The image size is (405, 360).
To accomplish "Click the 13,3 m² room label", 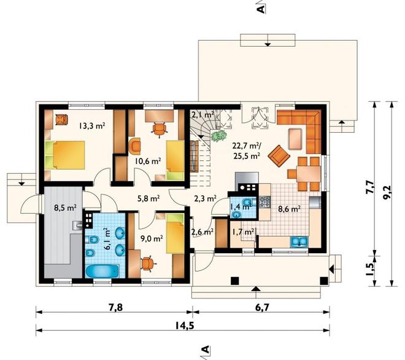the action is [x=92, y=126].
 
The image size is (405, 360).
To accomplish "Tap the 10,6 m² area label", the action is [x=148, y=161].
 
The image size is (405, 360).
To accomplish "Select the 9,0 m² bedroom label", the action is [x=152, y=238].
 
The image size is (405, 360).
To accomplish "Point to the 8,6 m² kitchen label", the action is [x=289, y=209].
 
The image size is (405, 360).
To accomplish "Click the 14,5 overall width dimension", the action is [x=185, y=326].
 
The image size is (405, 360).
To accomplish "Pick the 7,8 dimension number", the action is [x=115, y=308].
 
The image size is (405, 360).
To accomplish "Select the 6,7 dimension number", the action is [x=263, y=308].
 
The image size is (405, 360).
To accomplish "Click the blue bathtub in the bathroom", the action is [x=102, y=272].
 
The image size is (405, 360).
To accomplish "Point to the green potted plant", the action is [x=219, y=136].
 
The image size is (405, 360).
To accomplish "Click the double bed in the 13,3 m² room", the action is [x=65, y=155].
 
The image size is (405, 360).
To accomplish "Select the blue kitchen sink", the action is [x=299, y=242].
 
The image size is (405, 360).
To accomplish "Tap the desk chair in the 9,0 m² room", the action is [x=147, y=264].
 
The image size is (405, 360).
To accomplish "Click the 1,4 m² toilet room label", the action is [x=241, y=206].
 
